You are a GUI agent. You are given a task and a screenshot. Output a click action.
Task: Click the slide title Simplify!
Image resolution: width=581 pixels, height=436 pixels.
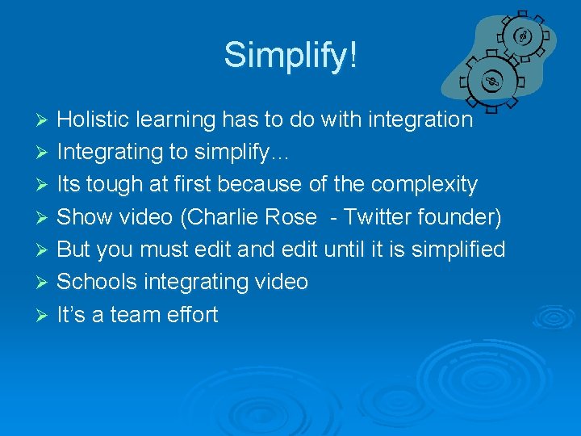[x=290, y=56]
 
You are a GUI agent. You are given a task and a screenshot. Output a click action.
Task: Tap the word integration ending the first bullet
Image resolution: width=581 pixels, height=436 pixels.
[x=420, y=119]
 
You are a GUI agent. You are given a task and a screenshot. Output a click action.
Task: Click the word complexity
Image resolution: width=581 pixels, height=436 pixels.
[x=424, y=185]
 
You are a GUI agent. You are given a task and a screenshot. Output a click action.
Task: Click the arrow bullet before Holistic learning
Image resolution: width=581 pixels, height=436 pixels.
[x=44, y=120]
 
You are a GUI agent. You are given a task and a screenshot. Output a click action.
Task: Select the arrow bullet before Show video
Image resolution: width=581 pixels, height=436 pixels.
[x=44, y=218]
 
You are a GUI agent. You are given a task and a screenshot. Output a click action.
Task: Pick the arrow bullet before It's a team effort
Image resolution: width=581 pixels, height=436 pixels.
[x=44, y=316]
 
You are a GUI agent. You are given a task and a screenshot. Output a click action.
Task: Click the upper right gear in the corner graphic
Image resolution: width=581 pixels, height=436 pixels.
[x=522, y=37]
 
